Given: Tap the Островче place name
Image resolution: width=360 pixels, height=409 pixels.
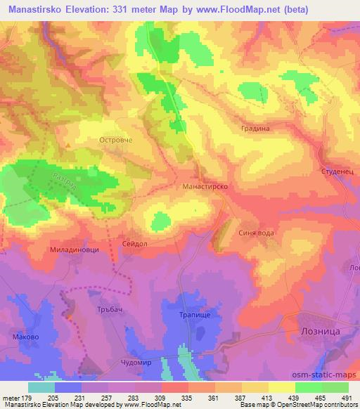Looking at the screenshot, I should coord(115,140).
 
